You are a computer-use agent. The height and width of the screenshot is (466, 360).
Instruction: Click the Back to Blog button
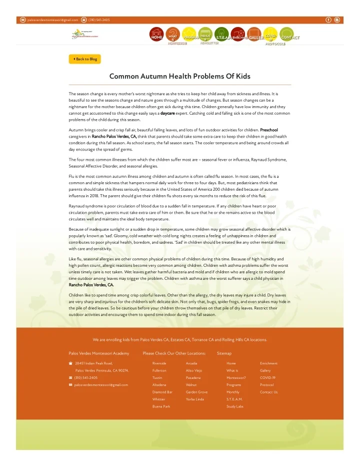click(x=85, y=59)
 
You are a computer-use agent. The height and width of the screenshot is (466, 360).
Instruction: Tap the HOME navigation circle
click(x=156, y=35)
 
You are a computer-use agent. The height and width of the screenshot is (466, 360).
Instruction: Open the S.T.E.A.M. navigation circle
click(x=222, y=36)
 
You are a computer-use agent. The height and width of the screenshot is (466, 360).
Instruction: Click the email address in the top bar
click(x=52, y=20)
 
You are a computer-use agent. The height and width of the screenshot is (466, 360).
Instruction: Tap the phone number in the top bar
click(x=99, y=20)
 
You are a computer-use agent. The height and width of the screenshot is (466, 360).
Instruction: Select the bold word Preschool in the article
click(x=269, y=130)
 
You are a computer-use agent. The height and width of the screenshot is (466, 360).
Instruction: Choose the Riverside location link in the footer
click(x=159, y=363)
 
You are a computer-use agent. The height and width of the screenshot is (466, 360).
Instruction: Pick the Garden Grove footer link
click(x=196, y=392)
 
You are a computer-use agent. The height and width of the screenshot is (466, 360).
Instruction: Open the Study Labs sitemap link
click(x=234, y=407)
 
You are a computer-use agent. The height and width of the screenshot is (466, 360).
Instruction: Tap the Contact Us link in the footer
click(x=268, y=392)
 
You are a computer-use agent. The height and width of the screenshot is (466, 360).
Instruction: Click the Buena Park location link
click(x=161, y=407)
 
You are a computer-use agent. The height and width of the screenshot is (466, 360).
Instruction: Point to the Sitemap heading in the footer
click(x=224, y=353)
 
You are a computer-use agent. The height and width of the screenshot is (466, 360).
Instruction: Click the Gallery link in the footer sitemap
click(x=266, y=370)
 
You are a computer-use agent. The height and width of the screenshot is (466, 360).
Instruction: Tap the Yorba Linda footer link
click(x=194, y=399)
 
